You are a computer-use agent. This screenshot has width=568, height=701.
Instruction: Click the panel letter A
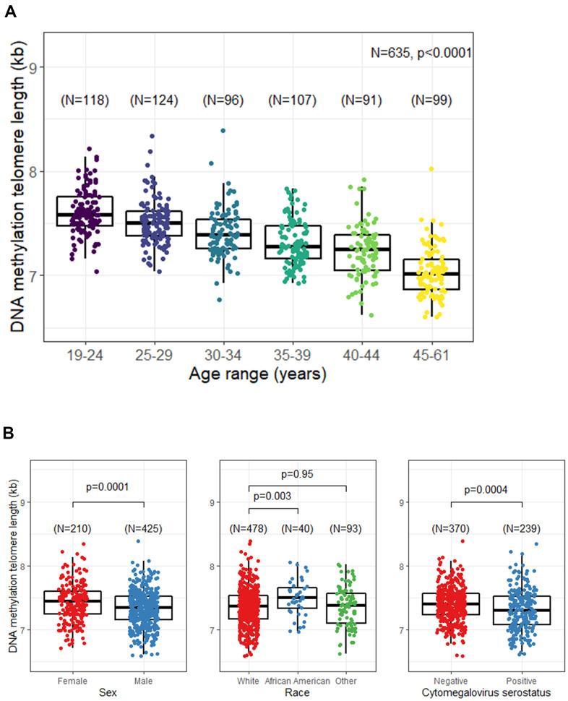coord(9,12)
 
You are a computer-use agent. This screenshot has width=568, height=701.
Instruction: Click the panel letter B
coord(9,434)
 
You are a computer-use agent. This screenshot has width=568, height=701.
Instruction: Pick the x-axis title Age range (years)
coord(257,374)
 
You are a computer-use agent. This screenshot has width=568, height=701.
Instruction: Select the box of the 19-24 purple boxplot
coord(85,211)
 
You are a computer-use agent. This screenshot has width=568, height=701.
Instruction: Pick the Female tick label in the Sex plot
coord(72,681)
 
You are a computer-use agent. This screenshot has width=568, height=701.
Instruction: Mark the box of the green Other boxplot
coord(346,608)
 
